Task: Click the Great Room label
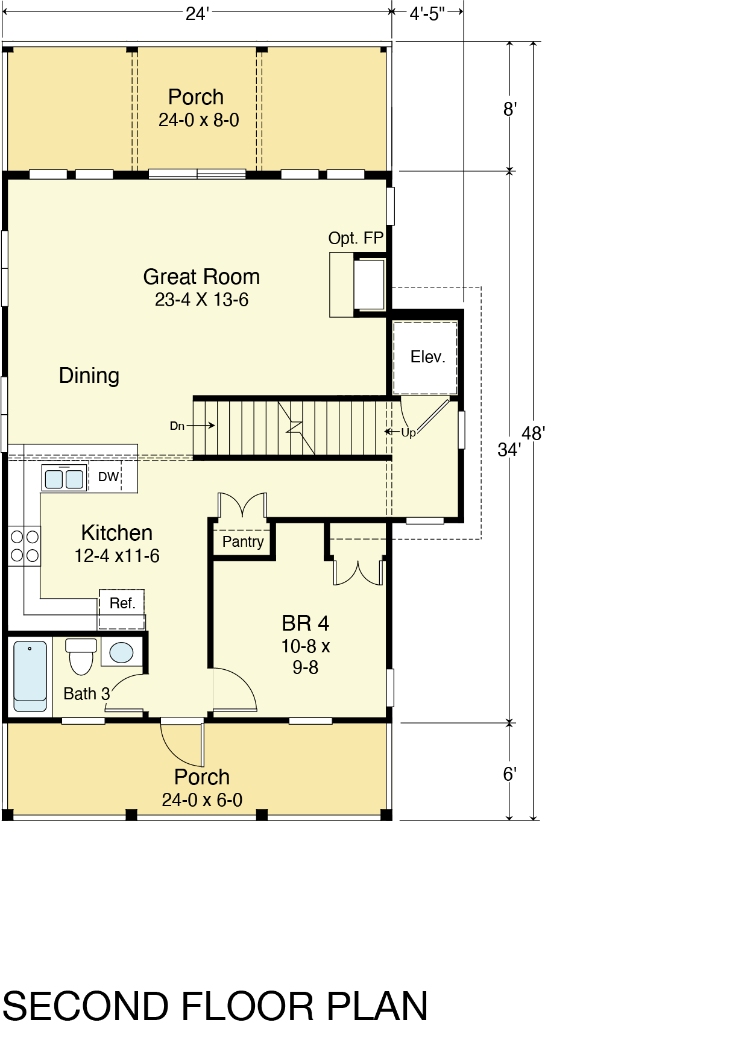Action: coord(201,277)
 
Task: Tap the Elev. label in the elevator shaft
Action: coord(427,357)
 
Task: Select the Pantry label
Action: coord(243,541)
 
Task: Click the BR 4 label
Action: coord(305,623)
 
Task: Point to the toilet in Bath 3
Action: coord(81,656)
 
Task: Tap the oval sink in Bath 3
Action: coord(121,652)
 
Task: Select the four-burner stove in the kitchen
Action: coord(25,546)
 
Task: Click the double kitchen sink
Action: coord(64,479)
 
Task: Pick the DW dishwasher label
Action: coord(109,477)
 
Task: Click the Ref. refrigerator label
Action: coord(122,603)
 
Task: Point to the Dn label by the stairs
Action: coord(177,426)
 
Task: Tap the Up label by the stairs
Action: coord(408,432)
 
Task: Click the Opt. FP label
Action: coord(356,238)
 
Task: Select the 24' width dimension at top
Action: coord(197,13)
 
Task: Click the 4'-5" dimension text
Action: coord(427,13)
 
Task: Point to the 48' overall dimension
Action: coord(534,433)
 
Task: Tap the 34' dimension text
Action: coord(509,449)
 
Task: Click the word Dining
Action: coord(89,376)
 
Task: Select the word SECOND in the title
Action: coord(86,1006)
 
